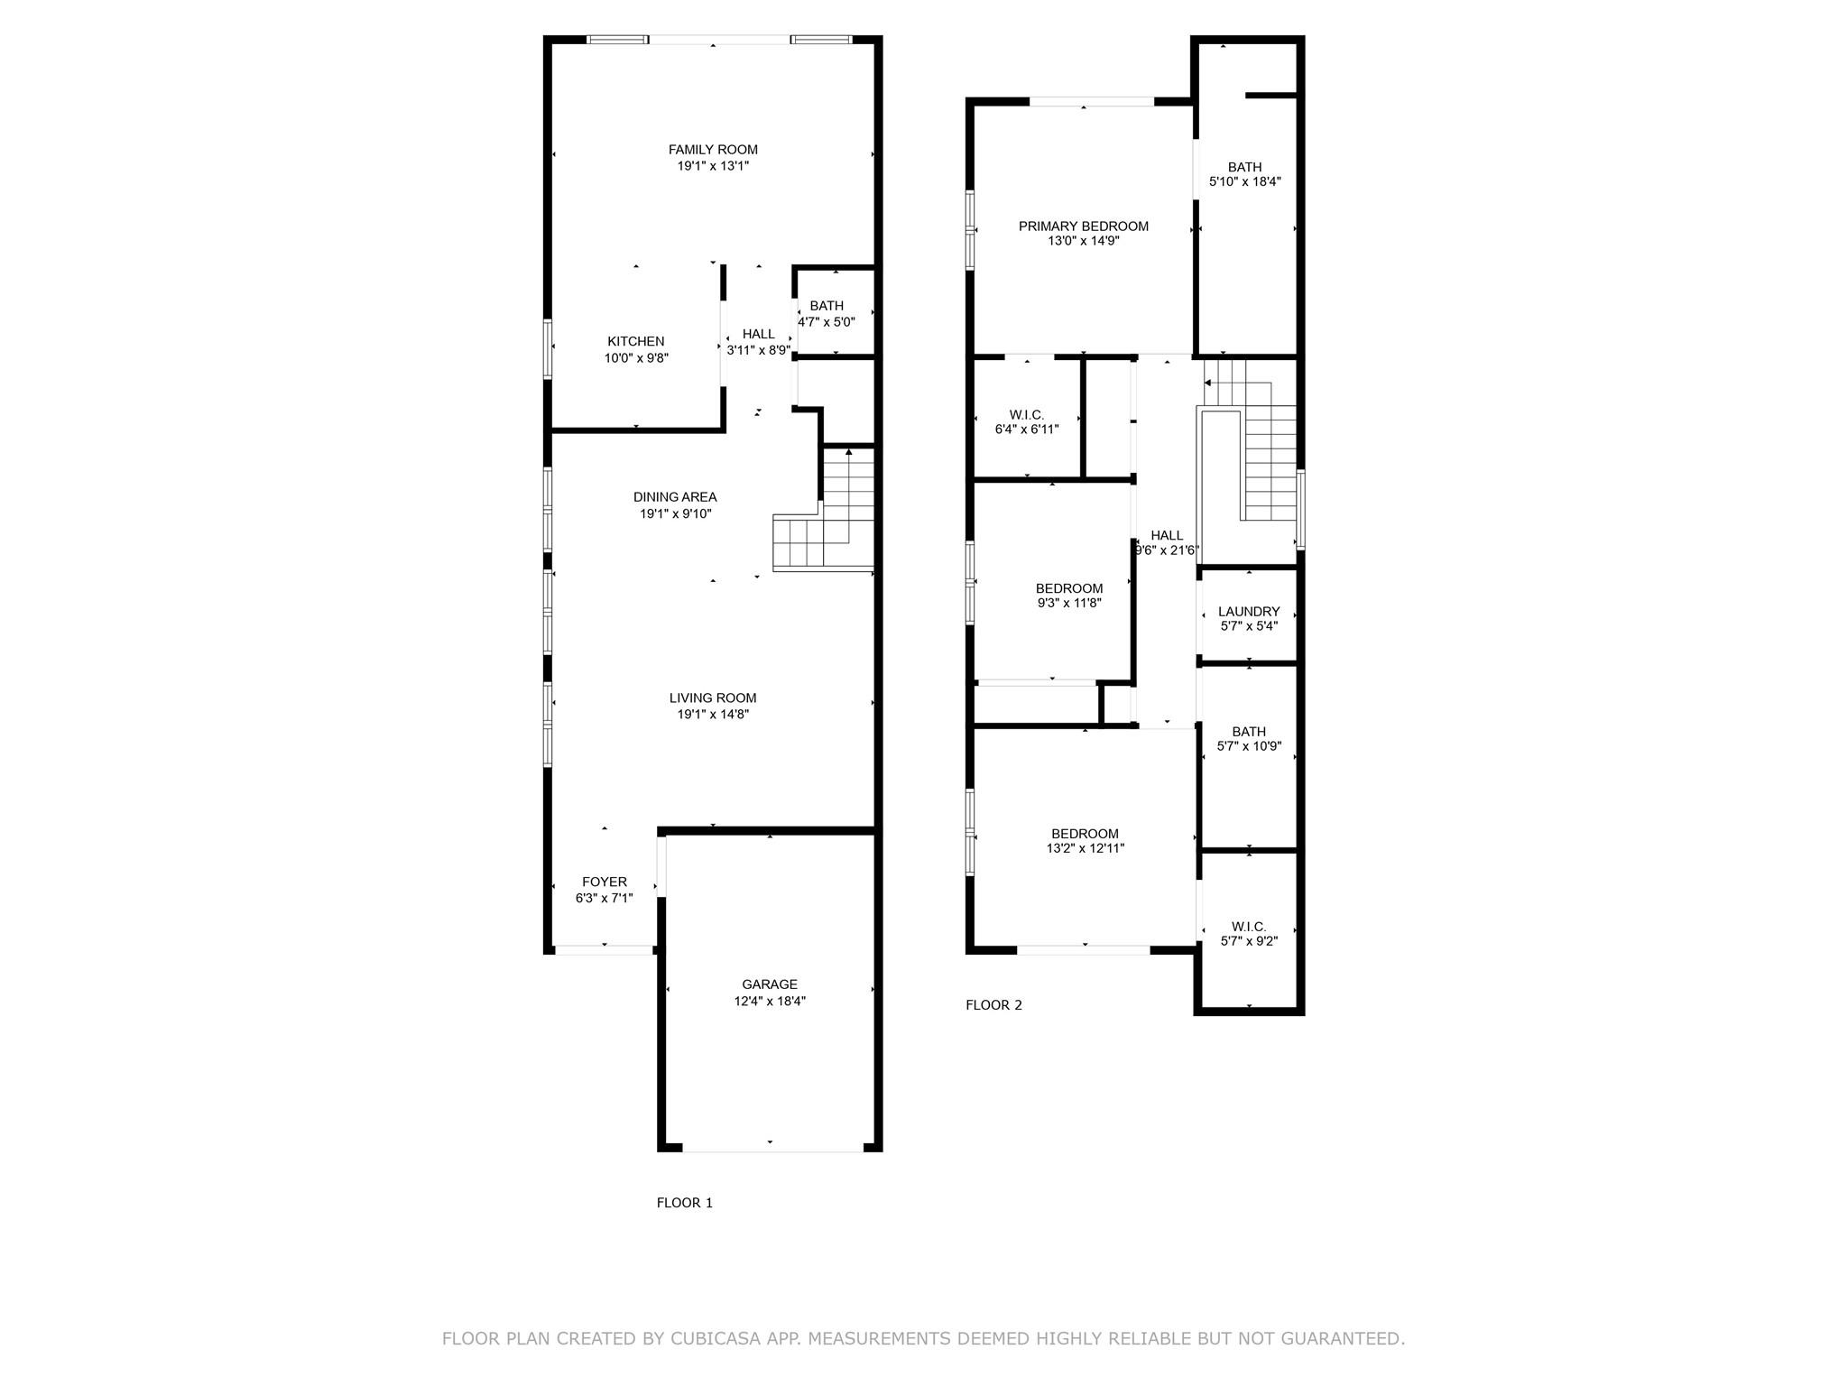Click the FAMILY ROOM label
(713, 150)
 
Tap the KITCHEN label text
(636, 341)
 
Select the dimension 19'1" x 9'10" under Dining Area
(676, 513)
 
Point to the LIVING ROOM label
(713, 698)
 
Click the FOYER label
(605, 882)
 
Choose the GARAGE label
(770, 984)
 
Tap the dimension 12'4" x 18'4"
(770, 1001)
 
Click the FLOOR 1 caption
(685, 1203)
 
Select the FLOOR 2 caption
(994, 1005)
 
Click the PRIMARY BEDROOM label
(1084, 226)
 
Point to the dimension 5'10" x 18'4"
(1245, 181)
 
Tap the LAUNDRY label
(1249, 612)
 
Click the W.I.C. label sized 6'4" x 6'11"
(1027, 415)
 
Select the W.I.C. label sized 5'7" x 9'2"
(1249, 927)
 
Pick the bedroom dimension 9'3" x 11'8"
(1069, 603)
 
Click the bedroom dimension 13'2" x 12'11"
(1085, 848)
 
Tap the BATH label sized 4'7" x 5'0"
(827, 306)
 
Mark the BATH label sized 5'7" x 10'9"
(1249, 732)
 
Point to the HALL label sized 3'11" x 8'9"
(759, 334)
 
